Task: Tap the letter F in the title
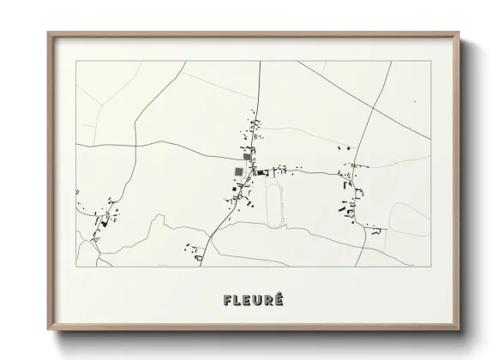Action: click(x=227, y=300)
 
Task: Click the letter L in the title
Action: click(x=237, y=300)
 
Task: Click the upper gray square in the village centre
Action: click(x=249, y=157)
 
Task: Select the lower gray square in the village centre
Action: click(x=238, y=172)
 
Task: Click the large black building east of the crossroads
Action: click(x=261, y=172)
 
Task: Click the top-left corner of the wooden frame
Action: click(x=49, y=33)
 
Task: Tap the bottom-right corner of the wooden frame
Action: click(x=459, y=329)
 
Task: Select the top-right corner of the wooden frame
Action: click(x=459, y=33)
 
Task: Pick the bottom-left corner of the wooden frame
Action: click(x=49, y=329)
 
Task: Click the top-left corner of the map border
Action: click(x=76, y=61)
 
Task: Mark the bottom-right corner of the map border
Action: click(x=430, y=267)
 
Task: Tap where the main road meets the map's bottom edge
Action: click(x=200, y=267)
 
